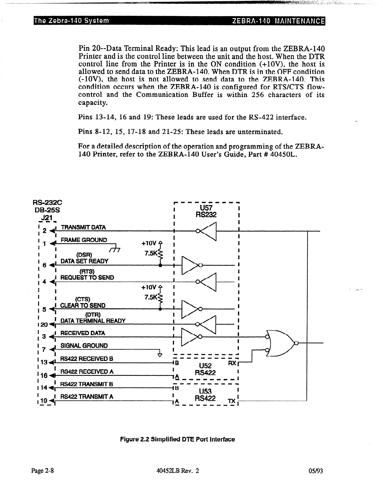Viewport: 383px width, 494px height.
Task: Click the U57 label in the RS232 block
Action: click(x=206, y=208)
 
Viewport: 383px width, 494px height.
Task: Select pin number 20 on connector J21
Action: click(x=44, y=325)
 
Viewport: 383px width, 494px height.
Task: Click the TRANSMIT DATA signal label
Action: click(x=83, y=227)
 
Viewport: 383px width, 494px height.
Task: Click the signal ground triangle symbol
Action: click(x=160, y=355)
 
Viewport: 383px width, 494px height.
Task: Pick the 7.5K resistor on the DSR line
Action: click(x=160, y=253)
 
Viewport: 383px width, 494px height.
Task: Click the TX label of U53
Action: click(x=232, y=401)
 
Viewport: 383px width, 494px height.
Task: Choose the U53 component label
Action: click(x=205, y=391)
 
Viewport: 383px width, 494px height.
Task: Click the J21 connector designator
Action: click(x=47, y=218)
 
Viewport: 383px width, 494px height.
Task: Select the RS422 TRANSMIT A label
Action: click(x=87, y=397)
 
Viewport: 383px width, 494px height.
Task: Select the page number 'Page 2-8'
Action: click(x=43, y=471)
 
